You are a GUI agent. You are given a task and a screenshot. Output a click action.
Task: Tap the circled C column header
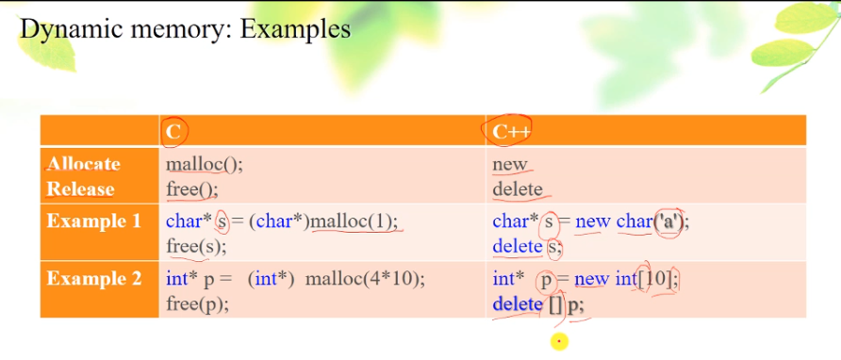tap(173, 131)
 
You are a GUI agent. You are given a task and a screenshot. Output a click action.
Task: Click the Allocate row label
tap(84, 164)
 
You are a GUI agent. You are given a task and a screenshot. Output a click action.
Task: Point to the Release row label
tap(80, 188)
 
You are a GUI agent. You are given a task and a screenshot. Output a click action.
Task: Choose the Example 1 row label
tap(93, 222)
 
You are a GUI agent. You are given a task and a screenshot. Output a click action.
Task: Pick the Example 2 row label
tap(93, 279)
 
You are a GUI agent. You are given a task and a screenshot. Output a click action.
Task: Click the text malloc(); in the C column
tap(205, 164)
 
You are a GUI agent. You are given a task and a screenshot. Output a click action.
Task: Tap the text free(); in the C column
tap(192, 188)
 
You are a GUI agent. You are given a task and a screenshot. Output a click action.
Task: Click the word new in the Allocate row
tap(510, 164)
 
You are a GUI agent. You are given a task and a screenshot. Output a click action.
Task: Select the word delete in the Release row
tap(518, 188)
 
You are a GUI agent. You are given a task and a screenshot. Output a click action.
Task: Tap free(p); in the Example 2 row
tap(197, 303)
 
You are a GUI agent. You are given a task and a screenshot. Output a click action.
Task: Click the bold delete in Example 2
tap(518, 304)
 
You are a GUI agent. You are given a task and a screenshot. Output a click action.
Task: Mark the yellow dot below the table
tap(559, 341)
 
